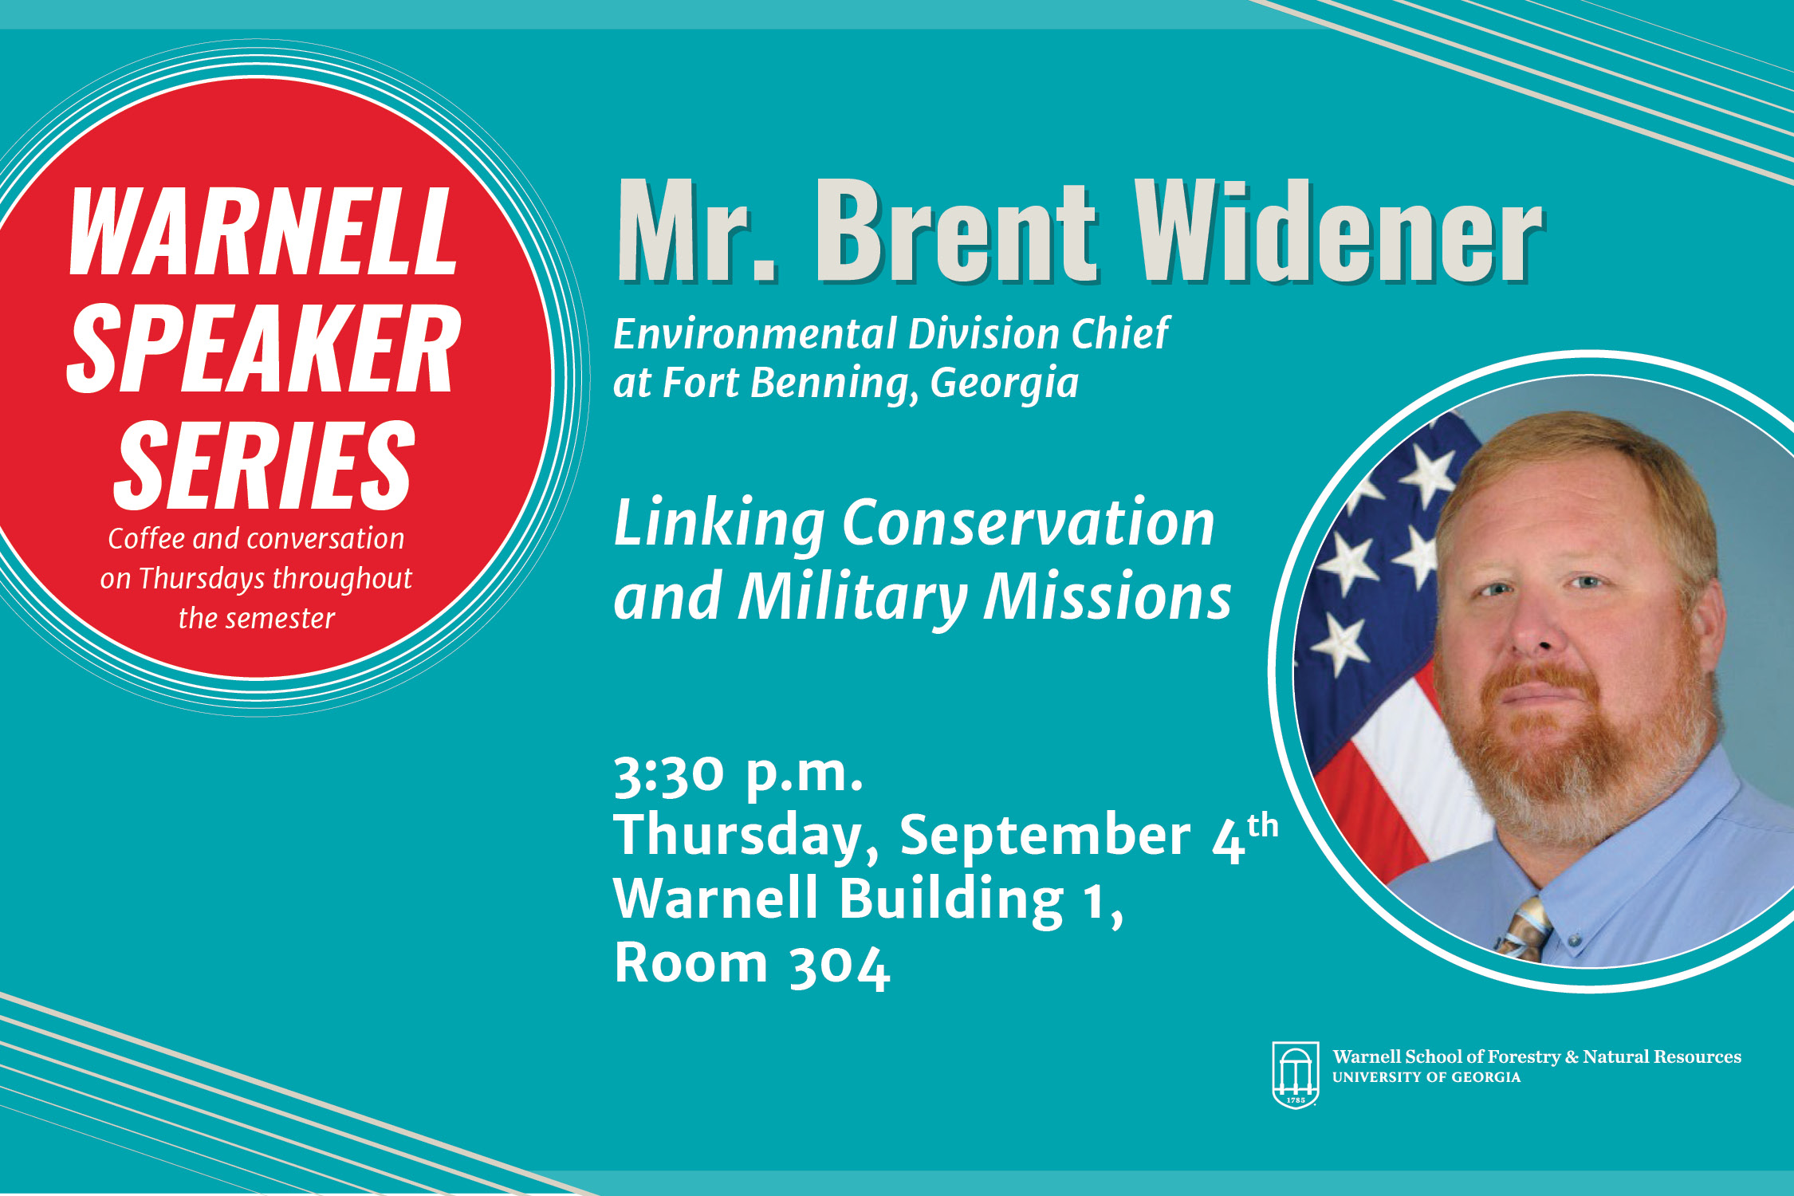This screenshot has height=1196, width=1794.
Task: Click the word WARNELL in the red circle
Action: [263, 232]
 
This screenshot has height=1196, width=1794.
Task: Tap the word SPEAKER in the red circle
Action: [264, 348]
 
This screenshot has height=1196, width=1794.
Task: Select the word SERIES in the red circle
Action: [264, 466]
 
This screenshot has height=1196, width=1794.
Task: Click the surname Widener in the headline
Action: [1339, 230]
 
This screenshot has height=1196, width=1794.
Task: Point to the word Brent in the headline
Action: [956, 230]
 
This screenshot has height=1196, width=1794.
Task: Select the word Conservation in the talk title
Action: [1029, 523]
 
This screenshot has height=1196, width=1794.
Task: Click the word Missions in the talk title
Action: [1107, 596]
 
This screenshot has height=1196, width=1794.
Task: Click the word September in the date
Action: [1045, 837]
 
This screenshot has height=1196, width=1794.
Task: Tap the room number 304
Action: [839, 966]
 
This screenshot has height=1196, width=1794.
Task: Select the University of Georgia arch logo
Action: [1296, 1075]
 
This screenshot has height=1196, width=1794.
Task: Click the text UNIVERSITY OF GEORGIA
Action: [1426, 1077]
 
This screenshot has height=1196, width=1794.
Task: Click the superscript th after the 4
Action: [1263, 826]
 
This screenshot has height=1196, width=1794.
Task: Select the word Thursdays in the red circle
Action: [201, 579]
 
